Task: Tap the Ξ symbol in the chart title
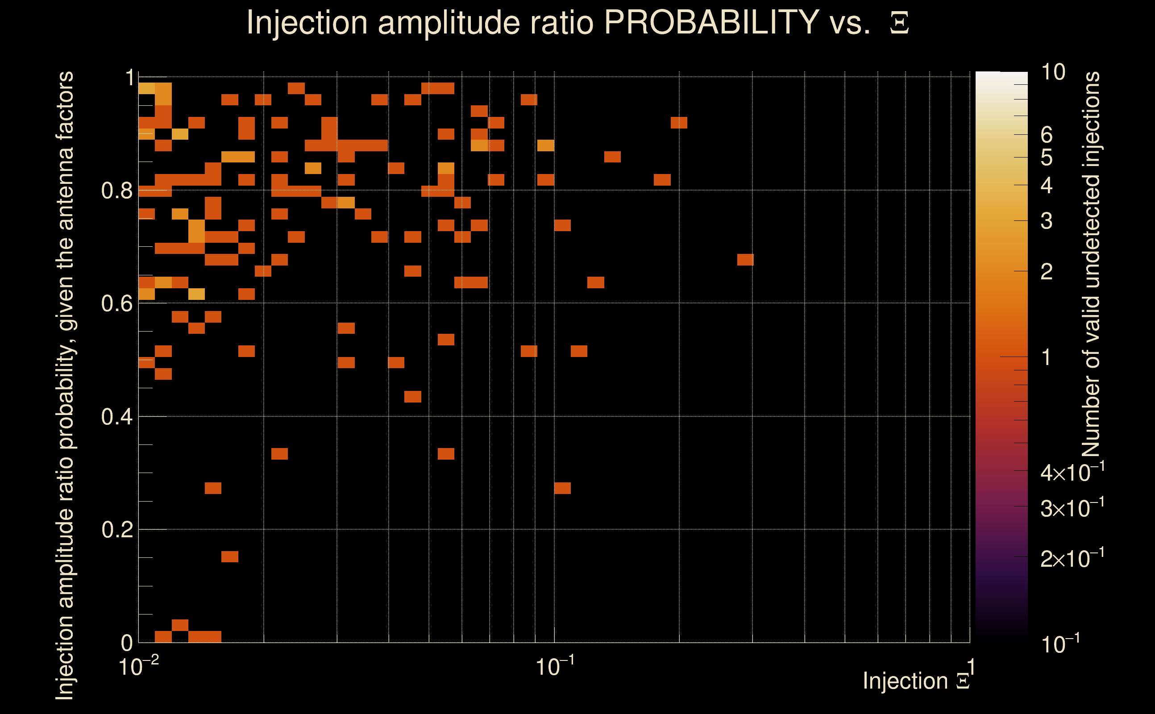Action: (899, 23)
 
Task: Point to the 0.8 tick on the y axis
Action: (116, 191)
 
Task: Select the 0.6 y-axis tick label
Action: (116, 303)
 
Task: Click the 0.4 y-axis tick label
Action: (116, 417)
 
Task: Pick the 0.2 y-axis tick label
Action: (116, 530)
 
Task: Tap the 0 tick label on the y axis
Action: (127, 643)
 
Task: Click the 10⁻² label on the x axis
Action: (138, 667)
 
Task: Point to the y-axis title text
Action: (65, 385)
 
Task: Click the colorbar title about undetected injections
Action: (1091, 265)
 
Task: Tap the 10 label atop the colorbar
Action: (1053, 72)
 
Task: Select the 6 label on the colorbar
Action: (1047, 135)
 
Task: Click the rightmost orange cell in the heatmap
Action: (745, 260)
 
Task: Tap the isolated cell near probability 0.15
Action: (230, 557)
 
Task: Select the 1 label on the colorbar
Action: (1047, 357)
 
